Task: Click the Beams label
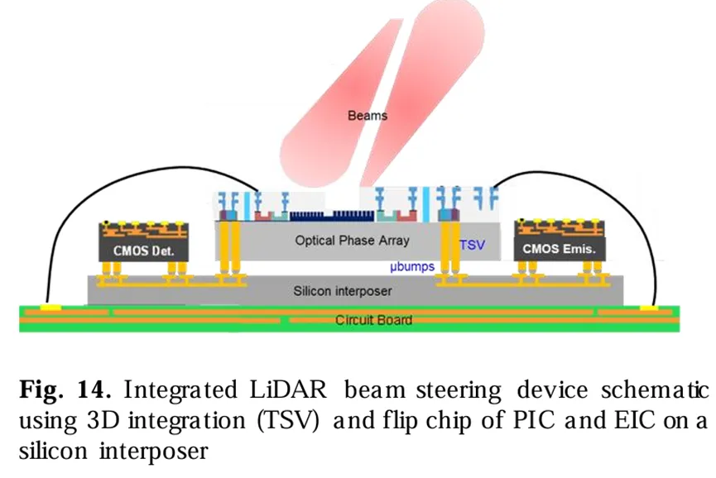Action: pyautogui.click(x=367, y=116)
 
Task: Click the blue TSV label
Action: pyautogui.click(x=472, y=245)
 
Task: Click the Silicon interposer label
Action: pyautogui.click(x=343, y=291)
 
